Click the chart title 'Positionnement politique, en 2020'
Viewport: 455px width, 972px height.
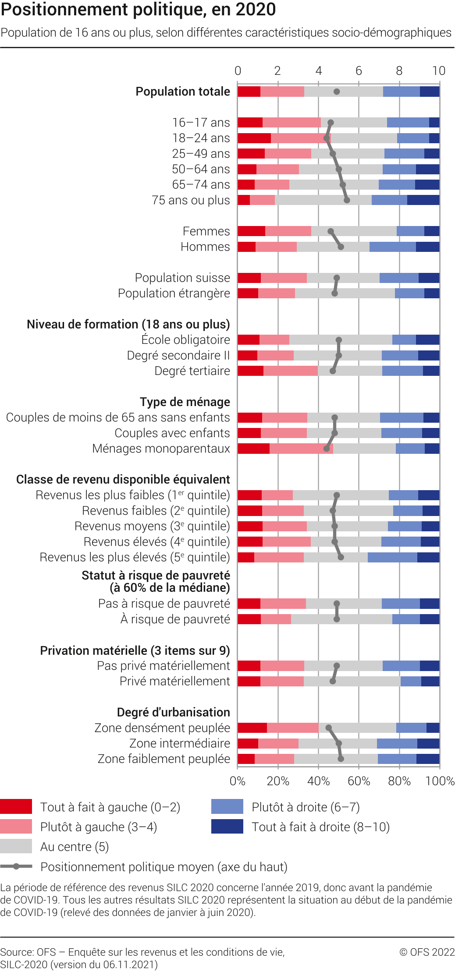click(x=139, y=10)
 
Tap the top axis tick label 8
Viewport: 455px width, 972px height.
click(x=399, y=71)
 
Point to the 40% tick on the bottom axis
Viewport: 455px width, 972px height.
click(x=318, y=781)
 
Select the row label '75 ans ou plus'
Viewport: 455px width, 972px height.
click(x=191, y=200)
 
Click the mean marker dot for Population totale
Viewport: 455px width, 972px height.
click(x=337, y=92)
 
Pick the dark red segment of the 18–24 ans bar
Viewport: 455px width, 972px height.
click(x=254, y=138)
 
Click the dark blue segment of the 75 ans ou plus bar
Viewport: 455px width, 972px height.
click(x=423, y=200)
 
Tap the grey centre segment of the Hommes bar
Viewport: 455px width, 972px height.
click(x=333, y=247)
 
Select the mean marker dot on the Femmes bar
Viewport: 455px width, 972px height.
click(x=331, y=231)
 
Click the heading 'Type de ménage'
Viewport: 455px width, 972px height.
click(x=185, y=402)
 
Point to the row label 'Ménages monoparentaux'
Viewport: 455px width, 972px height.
click(x=161, y=449)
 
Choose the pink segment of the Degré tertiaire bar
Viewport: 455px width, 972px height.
click(x=290, y=371)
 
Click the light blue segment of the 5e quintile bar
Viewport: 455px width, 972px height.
click(x=392, y=558)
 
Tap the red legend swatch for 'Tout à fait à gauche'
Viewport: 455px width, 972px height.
click(x=16, y=806)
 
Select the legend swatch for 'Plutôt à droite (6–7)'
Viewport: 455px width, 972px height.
click(x=227, y=806)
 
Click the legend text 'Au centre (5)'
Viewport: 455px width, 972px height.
click(x=75, y=847)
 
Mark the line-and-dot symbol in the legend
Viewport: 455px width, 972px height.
click(x=16, y=866)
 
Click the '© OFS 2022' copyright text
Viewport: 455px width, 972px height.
click(x=427, y=952)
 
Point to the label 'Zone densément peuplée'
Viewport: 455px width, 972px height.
click(x=162, y=728)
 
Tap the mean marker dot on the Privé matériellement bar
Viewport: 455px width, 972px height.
click(x=333, y=682)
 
